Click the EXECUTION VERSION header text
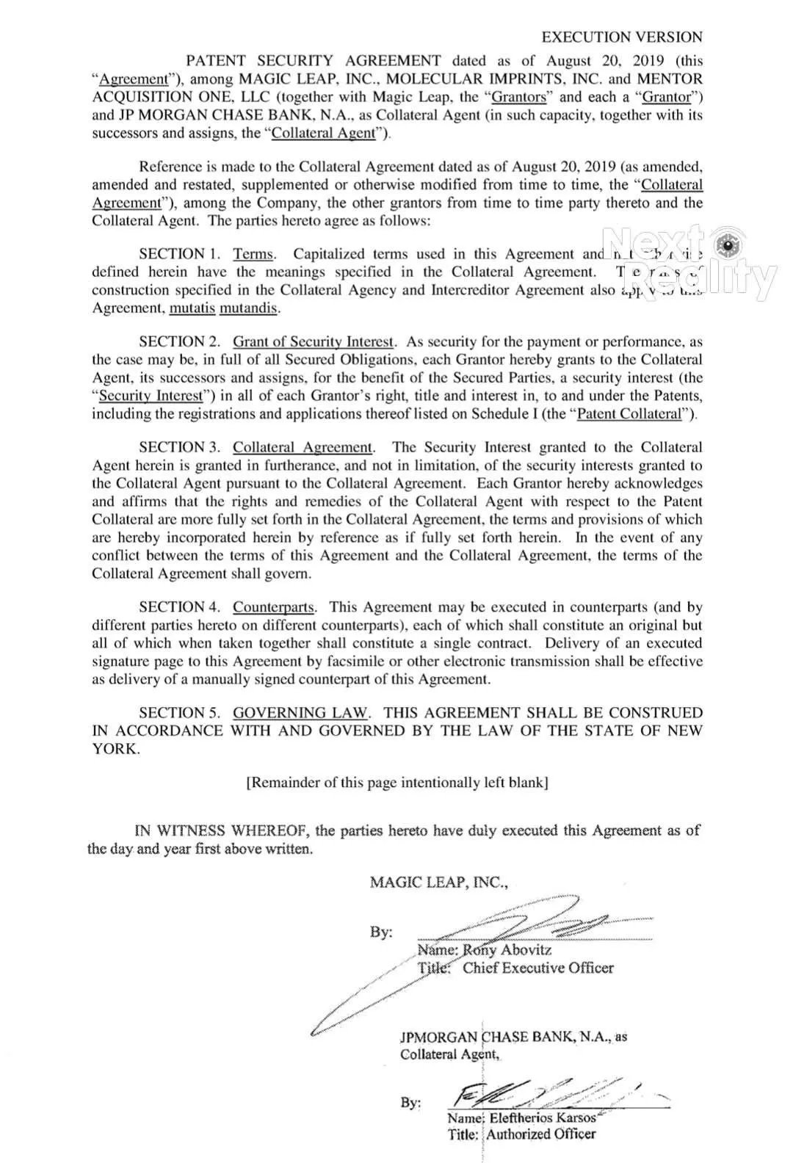coord(622,37)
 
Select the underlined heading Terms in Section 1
coord(253,254)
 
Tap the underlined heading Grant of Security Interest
coord(314,342)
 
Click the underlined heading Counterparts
coord(274,607)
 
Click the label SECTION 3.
coord(180,448)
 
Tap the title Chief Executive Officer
coord(537,968)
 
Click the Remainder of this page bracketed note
coord(397,783)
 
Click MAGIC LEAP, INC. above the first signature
coord(438,882)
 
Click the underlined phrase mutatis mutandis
coord(224,308)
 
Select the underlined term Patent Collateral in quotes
coord(629,413)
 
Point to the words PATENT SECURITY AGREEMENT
coord(314,61)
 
